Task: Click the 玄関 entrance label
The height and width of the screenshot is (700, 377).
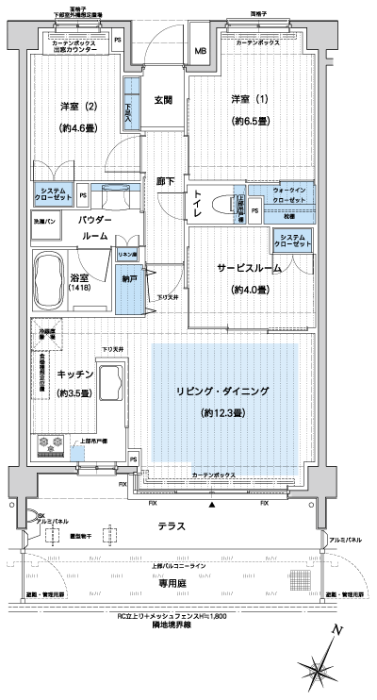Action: (x=163, y=100)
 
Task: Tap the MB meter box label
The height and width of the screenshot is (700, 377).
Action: (x=201, y=51)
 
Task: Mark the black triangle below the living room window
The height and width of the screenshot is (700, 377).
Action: (x=213, y=508)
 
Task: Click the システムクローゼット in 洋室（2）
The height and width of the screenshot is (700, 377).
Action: (x=53, y=195)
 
